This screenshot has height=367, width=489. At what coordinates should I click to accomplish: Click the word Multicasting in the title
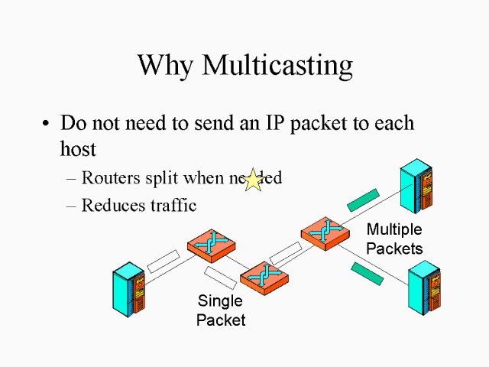277,66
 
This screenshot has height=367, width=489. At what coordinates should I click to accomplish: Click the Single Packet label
221,310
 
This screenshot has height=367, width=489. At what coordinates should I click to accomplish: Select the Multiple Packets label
394,239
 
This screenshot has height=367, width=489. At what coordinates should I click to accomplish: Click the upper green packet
362,200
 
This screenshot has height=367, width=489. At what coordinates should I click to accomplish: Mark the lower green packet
368,273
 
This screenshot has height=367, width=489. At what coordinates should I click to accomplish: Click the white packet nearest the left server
162,261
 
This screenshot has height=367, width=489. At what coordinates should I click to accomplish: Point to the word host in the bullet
78,148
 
